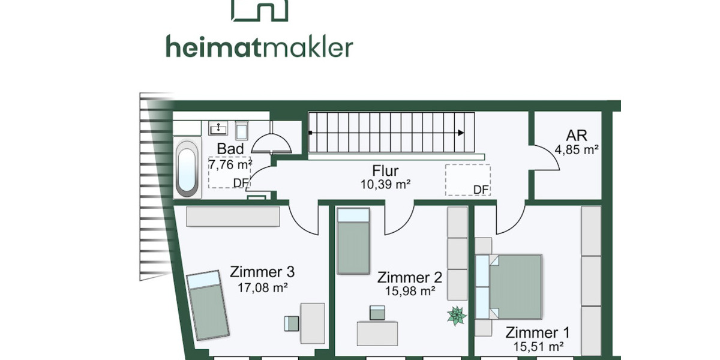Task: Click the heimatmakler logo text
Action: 259,47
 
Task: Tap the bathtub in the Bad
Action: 187,169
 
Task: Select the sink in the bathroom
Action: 218,128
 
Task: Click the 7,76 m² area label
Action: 230,163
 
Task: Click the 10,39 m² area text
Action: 385,185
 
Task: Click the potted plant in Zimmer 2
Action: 457,316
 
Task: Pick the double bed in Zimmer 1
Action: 510,286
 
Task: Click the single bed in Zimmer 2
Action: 353,241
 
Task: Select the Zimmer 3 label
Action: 262,272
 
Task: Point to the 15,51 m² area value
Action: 538,346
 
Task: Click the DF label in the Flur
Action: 481,190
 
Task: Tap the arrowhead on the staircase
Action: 460,133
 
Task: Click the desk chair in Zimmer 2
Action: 377,312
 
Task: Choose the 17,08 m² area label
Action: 263,287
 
